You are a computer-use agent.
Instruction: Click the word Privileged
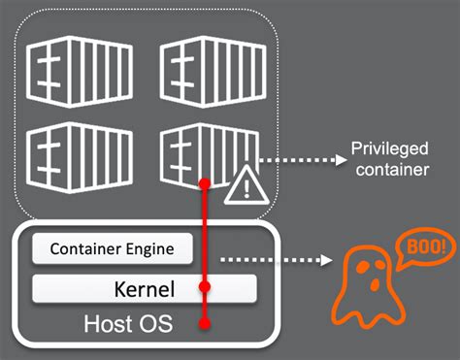click(x=385, y=151)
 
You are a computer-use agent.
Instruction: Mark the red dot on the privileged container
click(x=204, y=183)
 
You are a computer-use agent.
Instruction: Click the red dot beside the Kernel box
click(x=204, y=288)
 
